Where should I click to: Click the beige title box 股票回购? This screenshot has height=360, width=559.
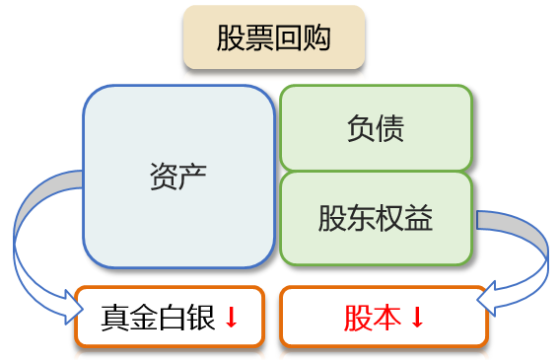click(x=274, y=39)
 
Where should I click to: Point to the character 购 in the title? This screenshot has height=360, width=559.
click(x=317, y=39)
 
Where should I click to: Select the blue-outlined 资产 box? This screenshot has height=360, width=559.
click(x=178, y=176)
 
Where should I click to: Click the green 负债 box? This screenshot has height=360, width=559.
click(x=376, y=127)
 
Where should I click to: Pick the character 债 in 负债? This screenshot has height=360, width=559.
click(x=390, y=128)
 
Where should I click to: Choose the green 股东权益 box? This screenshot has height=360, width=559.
click(x=376, y=218)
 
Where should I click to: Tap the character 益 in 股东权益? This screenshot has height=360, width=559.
click(x=419, y=218)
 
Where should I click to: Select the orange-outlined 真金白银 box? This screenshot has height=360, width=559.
click(x=170, y=317)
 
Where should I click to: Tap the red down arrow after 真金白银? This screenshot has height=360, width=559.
click(x=232, y=319)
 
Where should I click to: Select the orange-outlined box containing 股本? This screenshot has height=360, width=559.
click(x=384, y=317)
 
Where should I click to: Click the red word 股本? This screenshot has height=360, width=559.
click(x=373, y=318)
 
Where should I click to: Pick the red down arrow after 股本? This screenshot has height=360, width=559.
click(x=417, y=319)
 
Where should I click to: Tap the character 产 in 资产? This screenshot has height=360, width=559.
click(x=193, y=176)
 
